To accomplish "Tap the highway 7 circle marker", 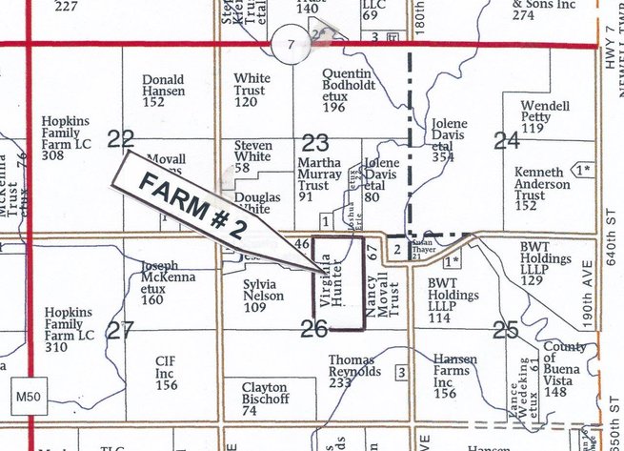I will point(290,44).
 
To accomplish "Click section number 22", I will point(120,139).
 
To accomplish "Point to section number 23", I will point(315,142).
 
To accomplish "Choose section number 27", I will point(120,331).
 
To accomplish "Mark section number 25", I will point(506,331).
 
